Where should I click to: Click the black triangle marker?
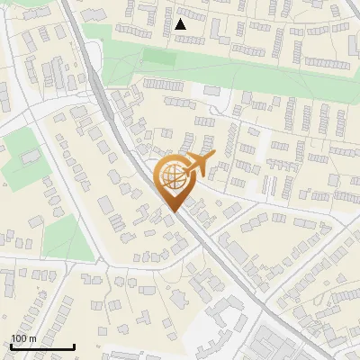[x=181, y=24]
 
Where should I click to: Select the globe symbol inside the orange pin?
[x=172, y=178]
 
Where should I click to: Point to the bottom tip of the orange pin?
[x=172, y=212]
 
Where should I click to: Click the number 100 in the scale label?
[x=18, y=338]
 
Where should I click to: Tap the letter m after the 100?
[x=32, y=338]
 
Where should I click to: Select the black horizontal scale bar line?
[x=41, y=346]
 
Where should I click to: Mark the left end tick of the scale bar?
[x=10, y=345]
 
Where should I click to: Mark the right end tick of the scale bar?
[x=74, y=345]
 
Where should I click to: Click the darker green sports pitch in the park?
[x=159, y=58]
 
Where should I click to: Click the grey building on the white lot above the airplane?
[x=211, y=91]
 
